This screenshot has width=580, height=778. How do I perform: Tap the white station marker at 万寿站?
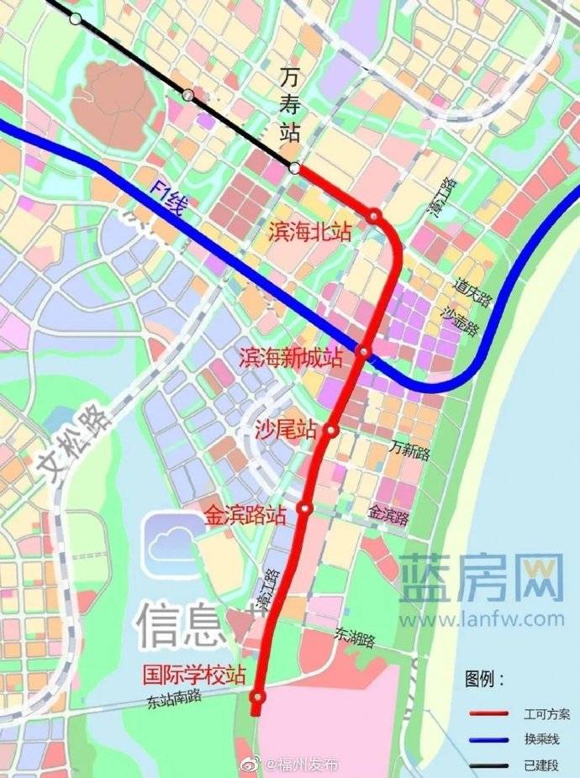[294, 168]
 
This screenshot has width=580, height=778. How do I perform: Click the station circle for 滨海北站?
[375, 216]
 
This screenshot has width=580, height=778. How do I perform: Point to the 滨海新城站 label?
[291, 356]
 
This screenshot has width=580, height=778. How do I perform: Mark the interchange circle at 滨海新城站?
[364, 351]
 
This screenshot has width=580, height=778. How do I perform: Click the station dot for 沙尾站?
[332, 431]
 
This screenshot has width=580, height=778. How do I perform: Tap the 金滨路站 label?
[245, 515]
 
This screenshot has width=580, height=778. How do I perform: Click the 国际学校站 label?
[193, 675]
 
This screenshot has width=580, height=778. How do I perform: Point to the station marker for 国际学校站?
[258, 697]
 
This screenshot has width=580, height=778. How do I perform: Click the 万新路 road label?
[409, 453]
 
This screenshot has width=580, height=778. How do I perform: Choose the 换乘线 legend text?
[541, 739]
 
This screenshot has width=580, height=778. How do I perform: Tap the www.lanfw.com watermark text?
[482, 620]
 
